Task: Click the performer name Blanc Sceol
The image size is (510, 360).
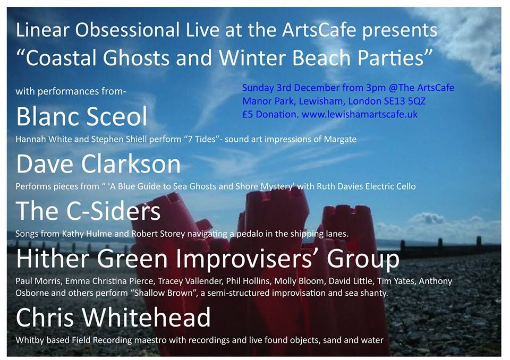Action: pos(82,116)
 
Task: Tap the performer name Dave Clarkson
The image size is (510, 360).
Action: pos(98,164)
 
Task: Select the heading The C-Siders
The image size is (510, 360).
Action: pos(88,211)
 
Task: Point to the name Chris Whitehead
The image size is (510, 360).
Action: pos(113,317)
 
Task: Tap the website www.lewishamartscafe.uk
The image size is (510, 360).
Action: pos(360,115)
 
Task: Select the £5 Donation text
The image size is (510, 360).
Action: pos(270,115)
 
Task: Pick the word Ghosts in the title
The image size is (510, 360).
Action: pos(137,58)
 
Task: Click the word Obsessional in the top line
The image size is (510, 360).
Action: pos(127,30)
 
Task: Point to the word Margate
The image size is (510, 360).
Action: pos(340,140)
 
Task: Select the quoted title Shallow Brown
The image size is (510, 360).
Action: pos(164,293)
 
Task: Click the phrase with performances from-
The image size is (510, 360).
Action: pos(71,91)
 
